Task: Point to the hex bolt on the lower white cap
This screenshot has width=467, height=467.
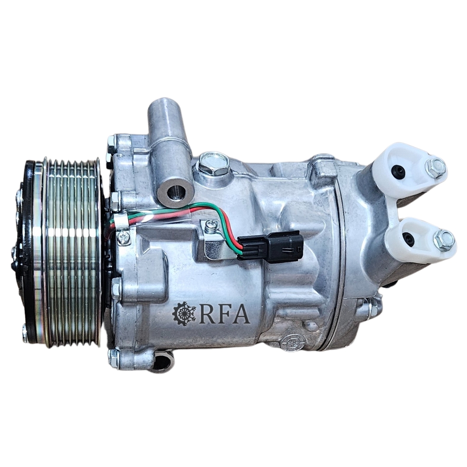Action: (x=444, y=240)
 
